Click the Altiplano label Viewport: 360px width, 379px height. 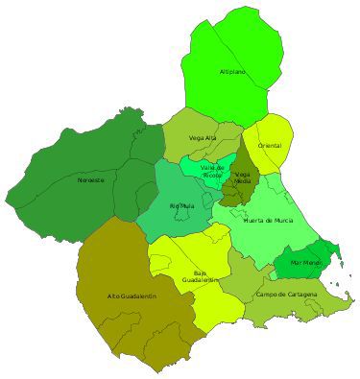pyautogui.click(x=232, y=72)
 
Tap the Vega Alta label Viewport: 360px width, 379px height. pyautogui.click(x=203, y=137)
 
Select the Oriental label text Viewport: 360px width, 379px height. pyautogui.click(x=270, y=145)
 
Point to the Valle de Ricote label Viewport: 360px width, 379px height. pyautogui.click(x=212, y=171)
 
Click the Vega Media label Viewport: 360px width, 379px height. pyautogui.click(x=243, y=177)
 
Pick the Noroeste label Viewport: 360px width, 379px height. pyautogui.click(x=91, y=179)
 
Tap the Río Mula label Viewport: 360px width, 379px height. pyautogui.click(x=180, y=206)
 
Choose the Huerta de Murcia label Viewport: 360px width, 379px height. pyautogui.click(x=269, y=220)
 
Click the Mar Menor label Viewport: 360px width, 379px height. pyautogui.click(x=306, y=261)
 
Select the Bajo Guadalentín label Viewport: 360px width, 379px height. pyautogui.click(x=200, y=276)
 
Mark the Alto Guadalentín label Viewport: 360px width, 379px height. pyautogui.click(x=132, y=296)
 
